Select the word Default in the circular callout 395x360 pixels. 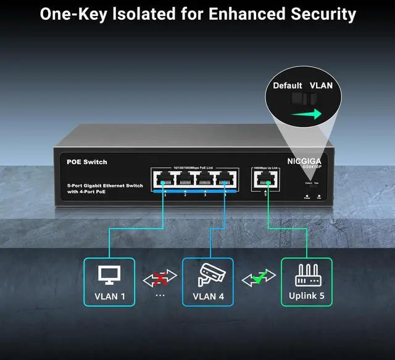[288, 86]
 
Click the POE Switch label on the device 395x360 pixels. [87, 162]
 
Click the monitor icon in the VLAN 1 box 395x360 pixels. [109, 274]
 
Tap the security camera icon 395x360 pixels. [208, 274]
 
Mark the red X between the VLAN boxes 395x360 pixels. [159, 280]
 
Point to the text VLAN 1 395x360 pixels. [110, 297]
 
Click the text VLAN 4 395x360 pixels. [208, 297]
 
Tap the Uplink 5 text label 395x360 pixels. [307, 297]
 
